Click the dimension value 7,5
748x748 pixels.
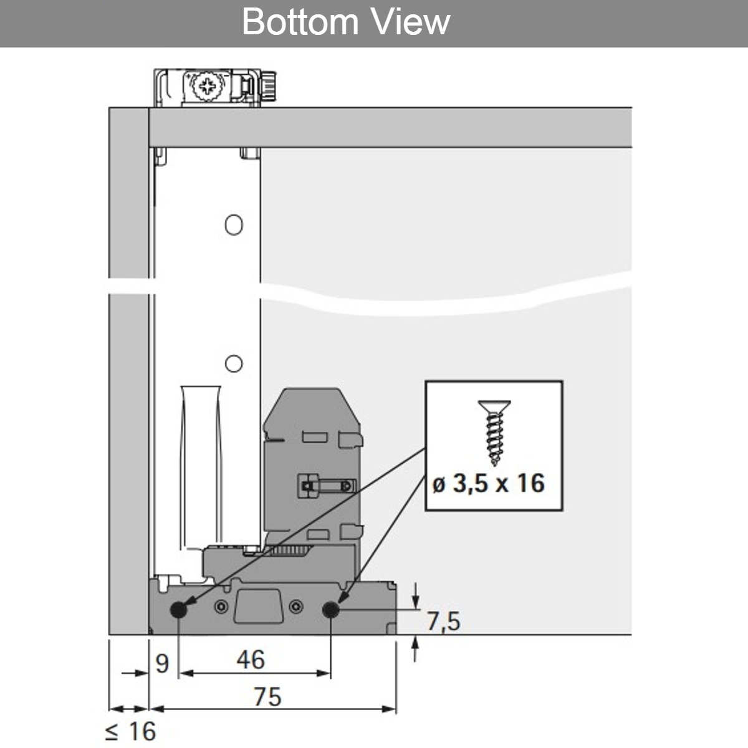(444, 621)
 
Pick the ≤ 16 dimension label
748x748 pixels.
(130, 731)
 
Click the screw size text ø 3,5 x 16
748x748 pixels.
(489, 483)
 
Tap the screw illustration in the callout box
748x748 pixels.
(494, 433)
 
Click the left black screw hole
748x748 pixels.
(178, 610)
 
